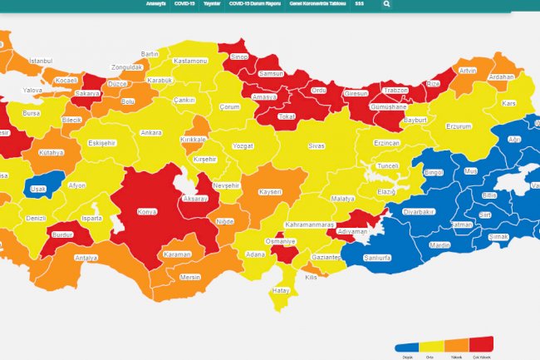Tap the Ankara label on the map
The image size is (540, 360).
(x=151, y=133)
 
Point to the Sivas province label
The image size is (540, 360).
(x=316, y=145)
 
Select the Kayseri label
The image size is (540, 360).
(x=270, y=192)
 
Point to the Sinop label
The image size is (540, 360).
(x=239, y=57)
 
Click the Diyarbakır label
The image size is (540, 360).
(x=419, y=212)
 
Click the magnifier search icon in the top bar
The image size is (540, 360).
(x=386, y=4)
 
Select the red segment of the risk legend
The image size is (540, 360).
(x=482, y=345)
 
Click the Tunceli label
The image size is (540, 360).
(x=388, y=166)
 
